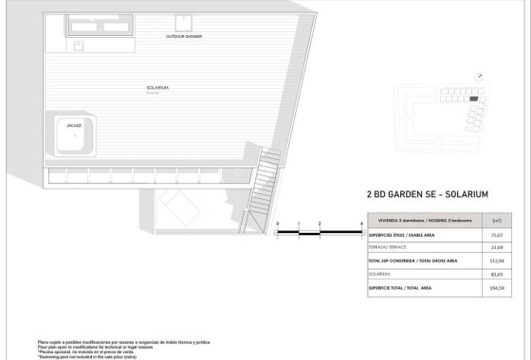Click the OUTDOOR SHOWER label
click(183, 36)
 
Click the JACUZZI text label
click(73, 124)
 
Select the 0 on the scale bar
click(278, 223)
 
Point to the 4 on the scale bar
click(362, 223)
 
